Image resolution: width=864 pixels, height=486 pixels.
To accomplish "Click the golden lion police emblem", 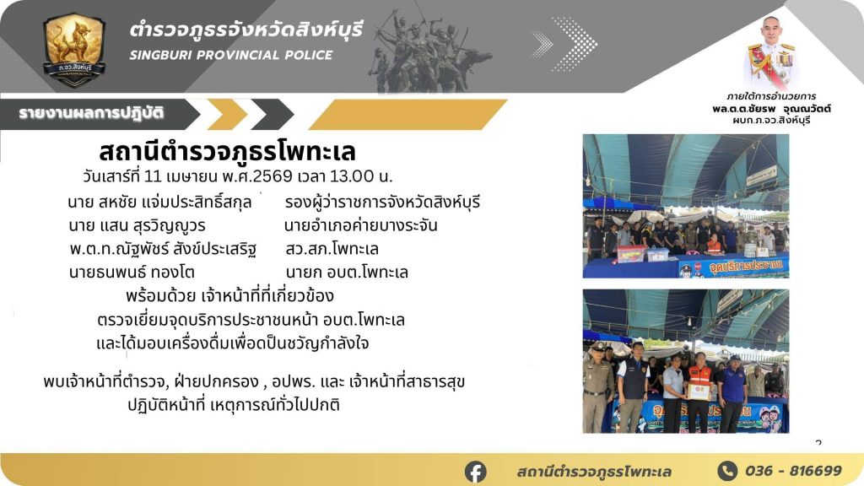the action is click(x=74, y=50).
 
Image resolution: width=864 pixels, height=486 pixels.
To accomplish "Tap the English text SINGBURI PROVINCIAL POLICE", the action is click(x=231, y=55).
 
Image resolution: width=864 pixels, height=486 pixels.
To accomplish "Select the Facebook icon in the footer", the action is click(x=476, y=472).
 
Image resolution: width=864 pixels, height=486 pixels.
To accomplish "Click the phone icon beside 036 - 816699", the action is click(x=727, y=471).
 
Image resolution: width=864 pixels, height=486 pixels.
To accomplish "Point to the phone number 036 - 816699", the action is click(x=793, y=471).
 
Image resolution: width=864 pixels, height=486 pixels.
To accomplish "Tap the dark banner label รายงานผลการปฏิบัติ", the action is click(x=91, y=114).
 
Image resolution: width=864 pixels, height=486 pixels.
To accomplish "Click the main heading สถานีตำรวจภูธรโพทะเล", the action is click(x=227, y=151).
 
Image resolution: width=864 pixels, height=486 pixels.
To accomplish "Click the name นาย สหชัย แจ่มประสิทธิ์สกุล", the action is click(x=159, y=202).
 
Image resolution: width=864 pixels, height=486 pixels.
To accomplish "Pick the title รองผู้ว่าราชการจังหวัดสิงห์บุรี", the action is click(x=382, y=202).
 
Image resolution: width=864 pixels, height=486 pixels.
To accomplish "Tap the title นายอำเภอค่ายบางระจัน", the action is click(x=361, y=225).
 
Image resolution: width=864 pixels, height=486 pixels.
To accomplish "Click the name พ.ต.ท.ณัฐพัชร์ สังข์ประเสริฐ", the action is click(x=163, y=249).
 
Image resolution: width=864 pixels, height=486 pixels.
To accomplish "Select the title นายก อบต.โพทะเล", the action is click(x=347, y=273).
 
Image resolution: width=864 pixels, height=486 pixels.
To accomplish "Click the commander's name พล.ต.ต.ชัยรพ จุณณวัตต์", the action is click(x=771, y=109).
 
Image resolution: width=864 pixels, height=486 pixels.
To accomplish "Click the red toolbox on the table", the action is click(x=631, y=253).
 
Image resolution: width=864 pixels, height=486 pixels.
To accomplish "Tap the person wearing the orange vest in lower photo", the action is click(x=699, y=391).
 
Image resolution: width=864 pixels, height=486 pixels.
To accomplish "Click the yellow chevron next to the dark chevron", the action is click(x=226, y=115).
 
